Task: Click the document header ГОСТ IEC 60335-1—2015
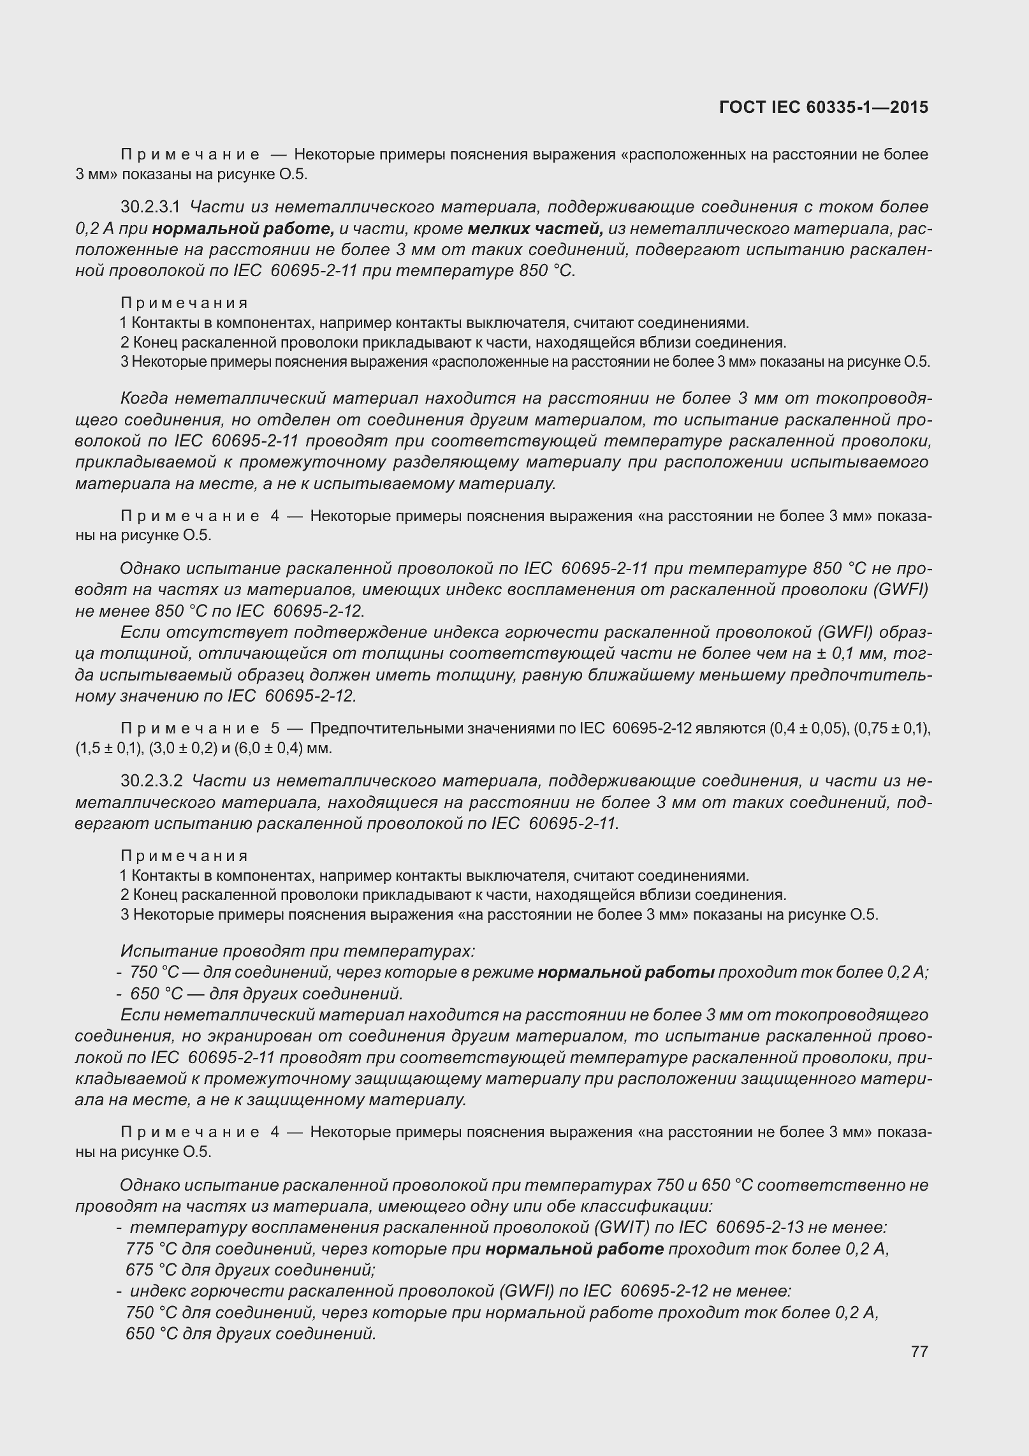(x=823, y=107)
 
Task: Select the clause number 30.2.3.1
(x=151, y=207)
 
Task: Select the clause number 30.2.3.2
(x=152, y=781)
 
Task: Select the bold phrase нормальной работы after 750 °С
(x=625, y=973)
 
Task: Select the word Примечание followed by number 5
(x=189, y=728)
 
